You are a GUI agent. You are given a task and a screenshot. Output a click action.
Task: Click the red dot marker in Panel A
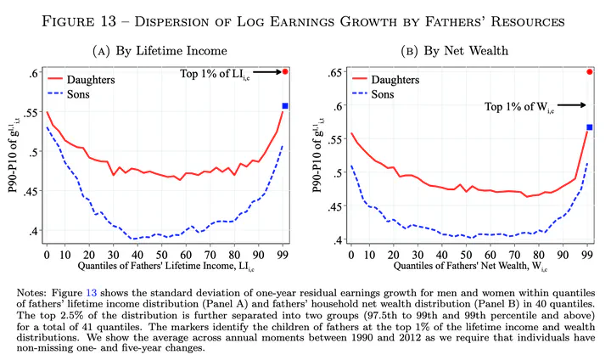(x=286, y=71)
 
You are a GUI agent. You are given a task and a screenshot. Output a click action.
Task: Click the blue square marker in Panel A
(x=286, y=105)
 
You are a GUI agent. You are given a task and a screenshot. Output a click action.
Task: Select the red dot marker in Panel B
(x=590, y=71)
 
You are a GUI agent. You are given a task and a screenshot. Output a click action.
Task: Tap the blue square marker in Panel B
(x=590, y=127)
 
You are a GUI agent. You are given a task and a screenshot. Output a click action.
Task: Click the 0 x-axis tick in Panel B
(x=350, y=254)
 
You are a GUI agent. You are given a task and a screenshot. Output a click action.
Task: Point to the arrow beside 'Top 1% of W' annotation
(x=571, y=105)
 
